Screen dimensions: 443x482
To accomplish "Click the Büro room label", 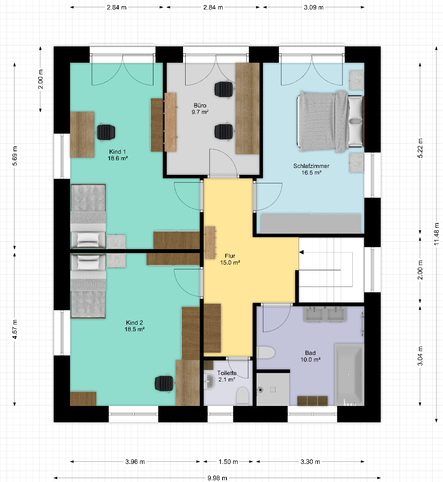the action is [x=200, y=109].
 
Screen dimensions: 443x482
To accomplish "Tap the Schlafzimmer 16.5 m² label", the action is [x=311, y=169].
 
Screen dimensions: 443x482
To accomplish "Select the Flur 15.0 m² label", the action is [x=230, y=259].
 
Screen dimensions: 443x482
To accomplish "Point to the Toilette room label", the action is [x=227, y=376].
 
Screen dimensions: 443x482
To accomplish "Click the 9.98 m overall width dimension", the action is [x=217, y=478].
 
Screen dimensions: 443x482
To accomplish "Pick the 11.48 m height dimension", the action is [x=437, y=234].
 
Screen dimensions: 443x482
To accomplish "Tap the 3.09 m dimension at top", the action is [x=314, y=7].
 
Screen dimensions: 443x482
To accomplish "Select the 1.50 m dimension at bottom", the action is [x=228, y=462].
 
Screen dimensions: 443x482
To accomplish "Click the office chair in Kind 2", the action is [x=165, y=384].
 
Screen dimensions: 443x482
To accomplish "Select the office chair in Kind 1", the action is [x=106, y=132].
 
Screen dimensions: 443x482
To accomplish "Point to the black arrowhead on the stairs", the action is [x=302, y=252].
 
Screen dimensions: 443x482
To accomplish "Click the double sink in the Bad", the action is [x=325, y=314].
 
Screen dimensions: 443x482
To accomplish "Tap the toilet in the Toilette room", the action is [x=243, y=396].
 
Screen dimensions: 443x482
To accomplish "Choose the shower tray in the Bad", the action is [x=273, y=389].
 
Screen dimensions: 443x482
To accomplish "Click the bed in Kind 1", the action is [x=88, y=217].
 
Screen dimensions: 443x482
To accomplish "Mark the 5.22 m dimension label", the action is [x=420, y=148].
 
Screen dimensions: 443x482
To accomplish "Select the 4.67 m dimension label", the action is [x=15, y=329].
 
